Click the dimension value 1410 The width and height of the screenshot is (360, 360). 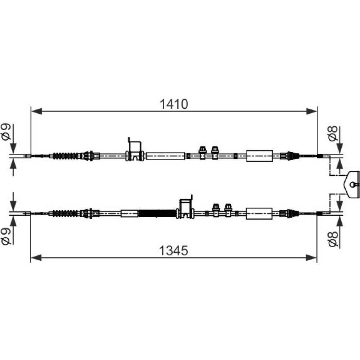click(x=174, y=104)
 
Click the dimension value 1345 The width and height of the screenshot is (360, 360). click(x=174, y=250)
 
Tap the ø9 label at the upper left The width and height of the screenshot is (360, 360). click(x=6, y=131)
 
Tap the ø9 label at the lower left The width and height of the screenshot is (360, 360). click(x=6, y=237)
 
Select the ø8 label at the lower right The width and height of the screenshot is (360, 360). click(x=333, y=239)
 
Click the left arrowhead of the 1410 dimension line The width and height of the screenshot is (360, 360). click(x=36, y=111)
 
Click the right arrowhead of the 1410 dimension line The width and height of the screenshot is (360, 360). click(x=311, y=111)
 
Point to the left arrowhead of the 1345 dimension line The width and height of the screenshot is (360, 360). click(x=36, y=258)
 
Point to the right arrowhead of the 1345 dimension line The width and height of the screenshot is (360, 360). click(x=311, y=258)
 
